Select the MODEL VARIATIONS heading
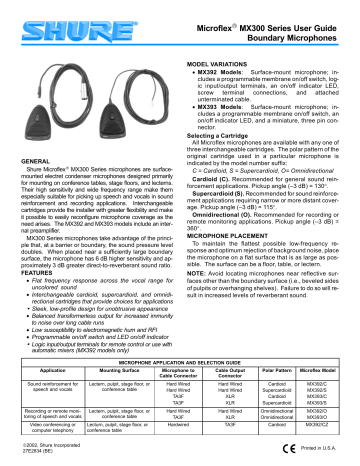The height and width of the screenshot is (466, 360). (x=220, y=36)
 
